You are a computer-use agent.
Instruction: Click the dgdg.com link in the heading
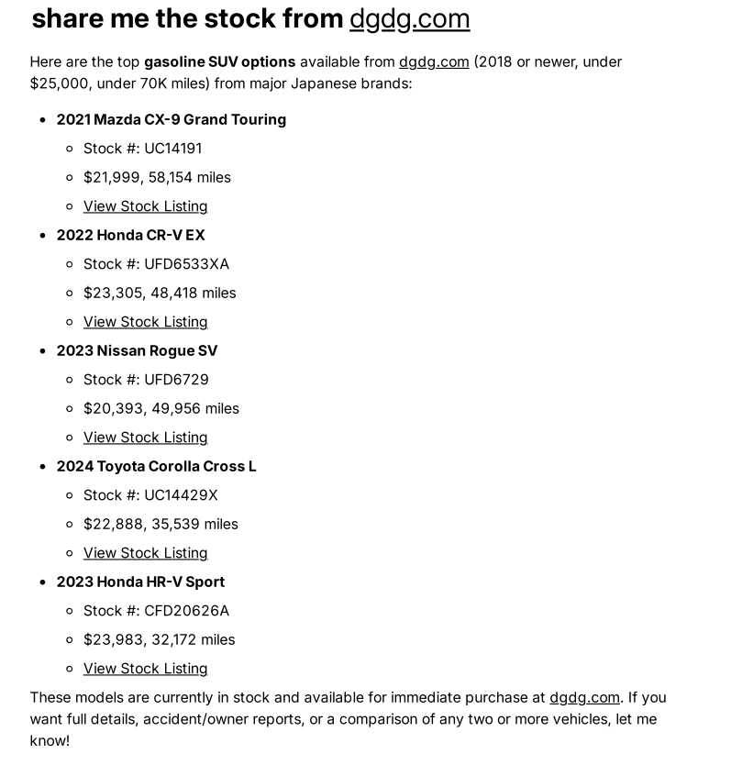click(409, 18)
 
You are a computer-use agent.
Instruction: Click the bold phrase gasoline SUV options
click(219, 61)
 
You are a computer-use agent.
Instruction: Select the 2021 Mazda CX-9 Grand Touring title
click(171, 119)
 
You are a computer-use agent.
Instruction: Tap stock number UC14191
click(172, 148)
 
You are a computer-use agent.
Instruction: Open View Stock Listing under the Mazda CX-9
click(145, 205)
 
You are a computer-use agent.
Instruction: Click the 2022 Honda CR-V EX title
click(130, 235)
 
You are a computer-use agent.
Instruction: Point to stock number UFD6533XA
click(186, 263)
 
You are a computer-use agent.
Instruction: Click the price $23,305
click(113, 293)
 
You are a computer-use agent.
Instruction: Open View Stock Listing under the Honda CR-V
click(145, 321)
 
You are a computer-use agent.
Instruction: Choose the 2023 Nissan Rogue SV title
click(137, 350)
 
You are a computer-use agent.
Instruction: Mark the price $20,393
click(113, 408)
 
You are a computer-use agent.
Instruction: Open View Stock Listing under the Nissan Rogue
click(145, 437)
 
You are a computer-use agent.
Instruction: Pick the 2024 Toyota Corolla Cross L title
click(156, 466)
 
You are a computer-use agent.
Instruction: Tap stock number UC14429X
click(181, 494)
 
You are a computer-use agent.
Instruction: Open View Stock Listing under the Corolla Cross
click(145, 552)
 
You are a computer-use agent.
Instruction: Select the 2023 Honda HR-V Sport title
click(140, 582)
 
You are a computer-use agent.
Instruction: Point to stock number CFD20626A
click(186, 610)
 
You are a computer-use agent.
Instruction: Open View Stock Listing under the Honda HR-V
click(145, 668)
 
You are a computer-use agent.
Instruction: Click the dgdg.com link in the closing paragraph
click(584, 697)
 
